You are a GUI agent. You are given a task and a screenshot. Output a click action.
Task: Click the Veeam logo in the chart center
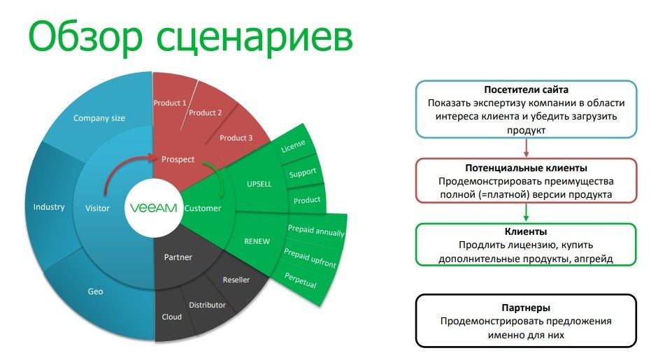(153, 208)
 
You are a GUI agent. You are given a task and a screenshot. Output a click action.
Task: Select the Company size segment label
(99, 118)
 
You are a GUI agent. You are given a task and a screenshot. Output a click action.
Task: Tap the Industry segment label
(49, 207)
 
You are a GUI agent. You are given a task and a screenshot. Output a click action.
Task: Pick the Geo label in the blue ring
(95, 291)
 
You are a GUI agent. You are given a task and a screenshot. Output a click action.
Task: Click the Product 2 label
(206, 113)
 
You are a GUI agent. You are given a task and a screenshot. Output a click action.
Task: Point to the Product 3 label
(236, 138)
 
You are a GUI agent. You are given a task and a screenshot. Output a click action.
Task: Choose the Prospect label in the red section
(178, 159)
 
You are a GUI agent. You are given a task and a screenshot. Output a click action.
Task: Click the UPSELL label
(259, 184)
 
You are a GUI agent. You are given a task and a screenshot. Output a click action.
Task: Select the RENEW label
(257, 241)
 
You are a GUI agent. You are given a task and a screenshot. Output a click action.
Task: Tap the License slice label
(293, 146)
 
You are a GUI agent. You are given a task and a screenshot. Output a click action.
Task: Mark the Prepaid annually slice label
(316, 231)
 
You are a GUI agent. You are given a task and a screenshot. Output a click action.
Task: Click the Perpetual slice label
(300, 280)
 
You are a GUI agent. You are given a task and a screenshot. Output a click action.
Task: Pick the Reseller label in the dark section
(236, 280)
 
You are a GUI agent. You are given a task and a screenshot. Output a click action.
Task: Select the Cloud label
(172, 317)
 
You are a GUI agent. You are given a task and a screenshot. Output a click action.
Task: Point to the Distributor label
(208, 305)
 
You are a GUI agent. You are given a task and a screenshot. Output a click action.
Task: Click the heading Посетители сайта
(526, 90)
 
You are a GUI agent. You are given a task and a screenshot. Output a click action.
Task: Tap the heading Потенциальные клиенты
(526, 168)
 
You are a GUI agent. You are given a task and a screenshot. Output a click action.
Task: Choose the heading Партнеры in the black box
(526, 308)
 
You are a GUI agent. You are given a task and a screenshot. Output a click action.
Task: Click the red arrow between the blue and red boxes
(527, 147)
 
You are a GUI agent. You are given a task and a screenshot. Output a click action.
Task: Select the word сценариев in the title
(255, 37)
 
